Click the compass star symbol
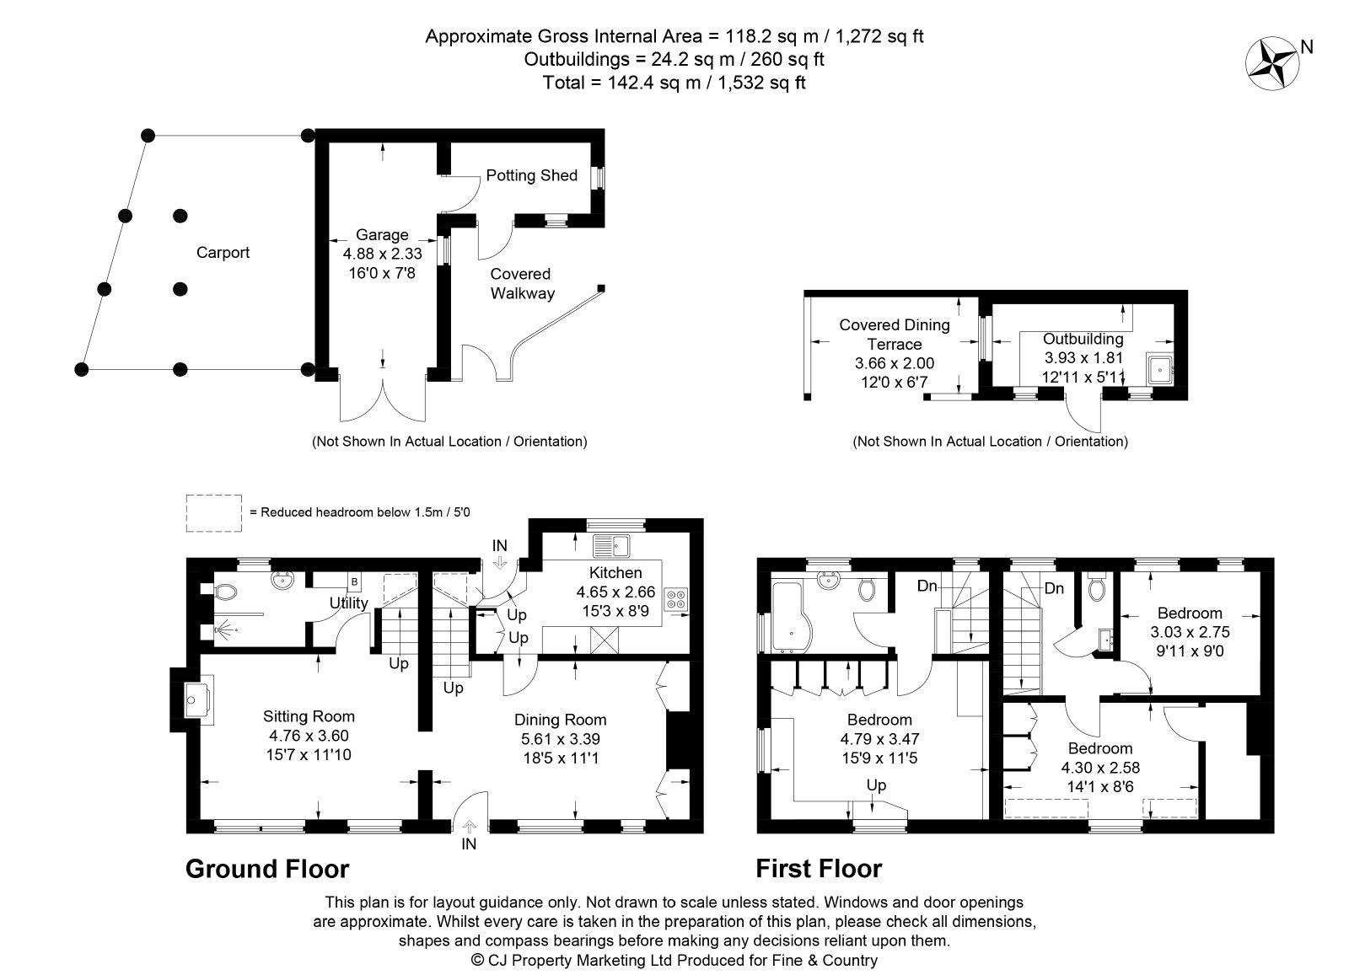coord(1272,64)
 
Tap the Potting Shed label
coord(531,175)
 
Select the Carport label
coord(223,252)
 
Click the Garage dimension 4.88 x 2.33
coord(383,254)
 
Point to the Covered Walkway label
coord(522,283)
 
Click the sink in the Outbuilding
coord(1158,369)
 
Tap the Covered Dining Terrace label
coord(895,334)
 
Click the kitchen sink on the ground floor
coord(610,546)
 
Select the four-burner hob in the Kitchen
coord(675,599)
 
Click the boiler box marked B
coord(354,582)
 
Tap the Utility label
coord(349,603)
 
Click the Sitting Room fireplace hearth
coord(199,699)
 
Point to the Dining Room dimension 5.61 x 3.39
coord(560,738)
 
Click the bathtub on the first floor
coord(792,617)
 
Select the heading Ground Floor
coord(267,869)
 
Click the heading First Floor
coord(819,869)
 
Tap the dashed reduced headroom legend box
coord(214,513)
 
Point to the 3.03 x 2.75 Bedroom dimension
coord(1190,632)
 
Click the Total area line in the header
coord(674,82)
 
